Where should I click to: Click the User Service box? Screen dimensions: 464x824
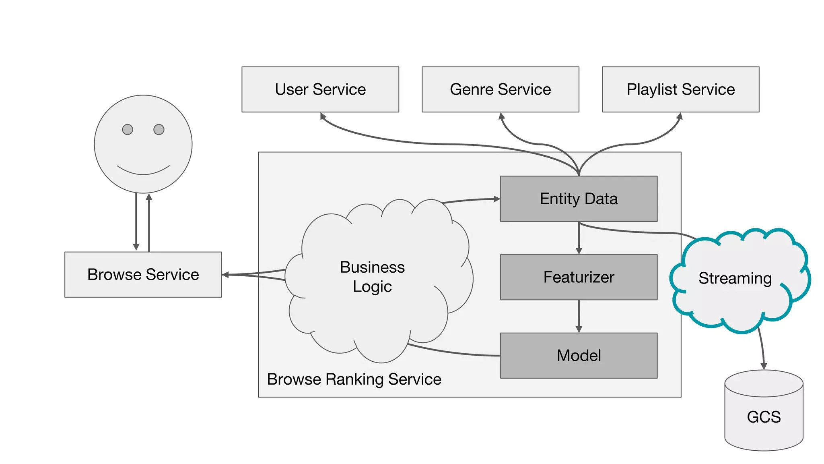[320, 89]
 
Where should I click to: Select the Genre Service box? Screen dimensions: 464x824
[500, 89]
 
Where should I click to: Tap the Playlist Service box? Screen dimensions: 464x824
[680, 89]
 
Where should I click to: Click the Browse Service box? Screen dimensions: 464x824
[143, 275]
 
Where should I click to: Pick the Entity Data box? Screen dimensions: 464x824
[579, 199]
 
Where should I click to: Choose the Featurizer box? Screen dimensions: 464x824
[579, 277]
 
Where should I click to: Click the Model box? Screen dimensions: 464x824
[579, 355]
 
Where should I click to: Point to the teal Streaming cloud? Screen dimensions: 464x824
[735, 278]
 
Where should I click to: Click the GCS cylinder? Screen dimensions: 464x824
[764, 417]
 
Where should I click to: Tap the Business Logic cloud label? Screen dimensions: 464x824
[372, 277]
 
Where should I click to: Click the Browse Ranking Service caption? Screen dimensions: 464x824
[354, 379]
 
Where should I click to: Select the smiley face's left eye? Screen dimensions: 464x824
[128, 129]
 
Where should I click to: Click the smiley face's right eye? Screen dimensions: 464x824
[159, 129]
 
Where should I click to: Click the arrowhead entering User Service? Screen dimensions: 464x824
[323, 116]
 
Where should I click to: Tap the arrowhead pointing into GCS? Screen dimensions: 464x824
[764, 366]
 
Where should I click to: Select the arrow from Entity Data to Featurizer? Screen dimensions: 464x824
[579, 238]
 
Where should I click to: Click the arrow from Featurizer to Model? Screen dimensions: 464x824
[579, 316]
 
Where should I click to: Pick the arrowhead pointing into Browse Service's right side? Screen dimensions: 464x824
[225, 275]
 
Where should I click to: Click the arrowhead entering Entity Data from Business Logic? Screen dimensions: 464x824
[497, 199]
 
